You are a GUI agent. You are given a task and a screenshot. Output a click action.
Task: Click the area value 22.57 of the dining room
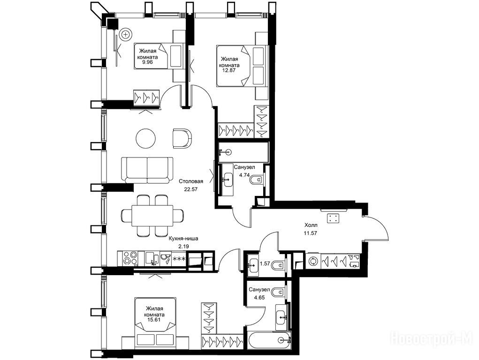[190, 189]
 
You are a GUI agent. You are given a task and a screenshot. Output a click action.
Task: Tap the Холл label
[311, 225]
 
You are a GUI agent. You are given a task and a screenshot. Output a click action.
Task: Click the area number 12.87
[230, 70]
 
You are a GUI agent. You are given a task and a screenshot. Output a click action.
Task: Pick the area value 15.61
[154, 320]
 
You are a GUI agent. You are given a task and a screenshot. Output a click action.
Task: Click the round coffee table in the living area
[146, 139]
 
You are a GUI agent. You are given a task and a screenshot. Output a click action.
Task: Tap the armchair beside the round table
[182, 138]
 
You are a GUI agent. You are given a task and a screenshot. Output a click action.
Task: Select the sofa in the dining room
[147, 170]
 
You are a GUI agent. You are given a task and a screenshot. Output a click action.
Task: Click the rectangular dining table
[152, 216]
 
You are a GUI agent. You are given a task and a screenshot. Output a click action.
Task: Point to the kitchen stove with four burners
[130, 258]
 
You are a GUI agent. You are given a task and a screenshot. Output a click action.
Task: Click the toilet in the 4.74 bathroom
[257, 180]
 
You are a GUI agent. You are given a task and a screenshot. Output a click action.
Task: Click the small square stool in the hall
[333, 218]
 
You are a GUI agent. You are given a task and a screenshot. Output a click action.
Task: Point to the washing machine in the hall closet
[313, 261]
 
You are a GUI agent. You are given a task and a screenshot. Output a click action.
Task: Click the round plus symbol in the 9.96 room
[125, 34]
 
